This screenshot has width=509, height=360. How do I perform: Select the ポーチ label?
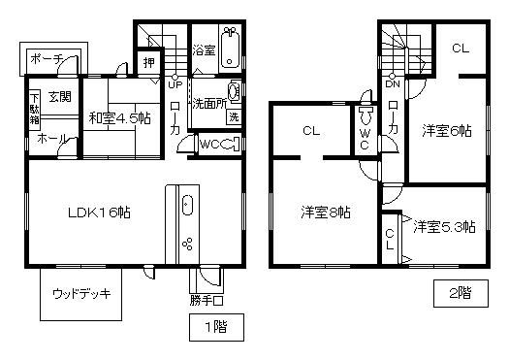47,59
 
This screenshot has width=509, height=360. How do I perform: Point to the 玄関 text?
57,96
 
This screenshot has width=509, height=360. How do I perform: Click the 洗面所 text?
207,101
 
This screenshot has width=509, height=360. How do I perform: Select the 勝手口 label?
207,300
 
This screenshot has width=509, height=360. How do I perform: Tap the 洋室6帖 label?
443,128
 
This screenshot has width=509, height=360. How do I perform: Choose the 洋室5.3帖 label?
443,227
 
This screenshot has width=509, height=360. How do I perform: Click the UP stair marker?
175,84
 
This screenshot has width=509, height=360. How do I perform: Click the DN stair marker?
394,84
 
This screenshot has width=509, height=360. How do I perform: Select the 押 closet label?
148,64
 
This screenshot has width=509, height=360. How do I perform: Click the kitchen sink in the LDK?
188,207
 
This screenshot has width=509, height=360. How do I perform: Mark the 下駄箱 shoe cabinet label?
33,109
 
